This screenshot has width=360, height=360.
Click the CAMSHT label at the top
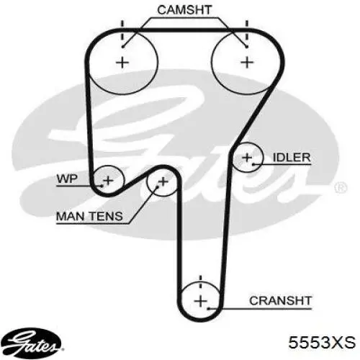184,10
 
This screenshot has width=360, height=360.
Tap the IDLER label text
292,158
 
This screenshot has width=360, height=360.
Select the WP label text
67,179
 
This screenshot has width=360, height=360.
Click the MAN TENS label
89,216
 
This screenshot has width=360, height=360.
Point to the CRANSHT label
280,301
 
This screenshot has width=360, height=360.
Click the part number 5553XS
322,342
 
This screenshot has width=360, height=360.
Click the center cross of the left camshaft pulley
122,63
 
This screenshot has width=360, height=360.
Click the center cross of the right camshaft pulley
247,63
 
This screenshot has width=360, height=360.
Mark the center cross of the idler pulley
247,158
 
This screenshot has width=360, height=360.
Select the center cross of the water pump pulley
108,181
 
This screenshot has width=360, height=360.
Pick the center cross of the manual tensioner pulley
163,181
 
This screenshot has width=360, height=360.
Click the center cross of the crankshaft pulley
201,301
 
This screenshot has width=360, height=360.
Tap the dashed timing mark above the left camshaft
122,30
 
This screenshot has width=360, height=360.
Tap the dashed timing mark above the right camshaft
247,30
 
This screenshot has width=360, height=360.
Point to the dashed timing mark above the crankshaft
201,283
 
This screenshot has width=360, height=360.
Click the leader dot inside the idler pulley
253,164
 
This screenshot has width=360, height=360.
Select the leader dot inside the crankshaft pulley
209,308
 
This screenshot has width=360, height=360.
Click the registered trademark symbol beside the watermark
341,187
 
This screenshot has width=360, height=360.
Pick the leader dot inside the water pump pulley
102,186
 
